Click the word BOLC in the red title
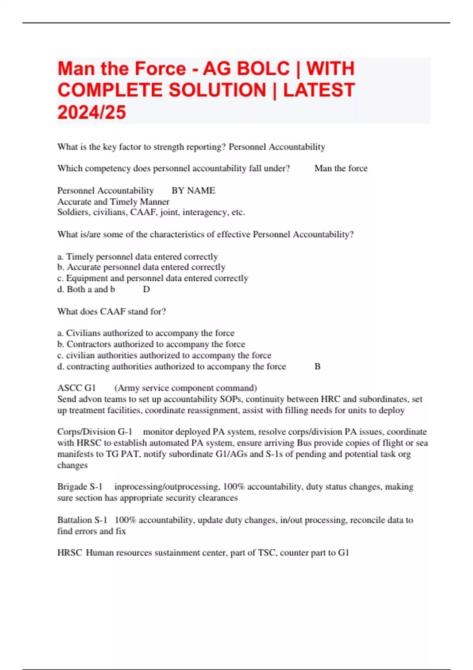(x=246, y=69)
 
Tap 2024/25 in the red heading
(x=92, y=112)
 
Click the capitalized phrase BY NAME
(x=193, y=191)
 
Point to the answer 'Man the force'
(x=341, y=168)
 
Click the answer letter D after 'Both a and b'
(x=146, y=289)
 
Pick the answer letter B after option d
(x=317, y=367)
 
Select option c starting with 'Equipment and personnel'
(x=153, y=278)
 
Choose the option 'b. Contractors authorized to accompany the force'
(x=151, y=344)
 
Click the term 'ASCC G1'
(x=76, y=388)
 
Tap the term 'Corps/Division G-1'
(x=95, y=432)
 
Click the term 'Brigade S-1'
(x=80, y=487)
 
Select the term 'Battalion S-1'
(x=82, y=520)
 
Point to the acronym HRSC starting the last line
(x=69, y=553)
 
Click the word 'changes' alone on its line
(x=73, y=465)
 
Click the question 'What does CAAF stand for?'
(x=112, y=311)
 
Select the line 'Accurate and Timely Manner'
(x=114, y=202)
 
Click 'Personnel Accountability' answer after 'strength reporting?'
(x=277, y=147)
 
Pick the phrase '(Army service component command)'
(x=186, y=388)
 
